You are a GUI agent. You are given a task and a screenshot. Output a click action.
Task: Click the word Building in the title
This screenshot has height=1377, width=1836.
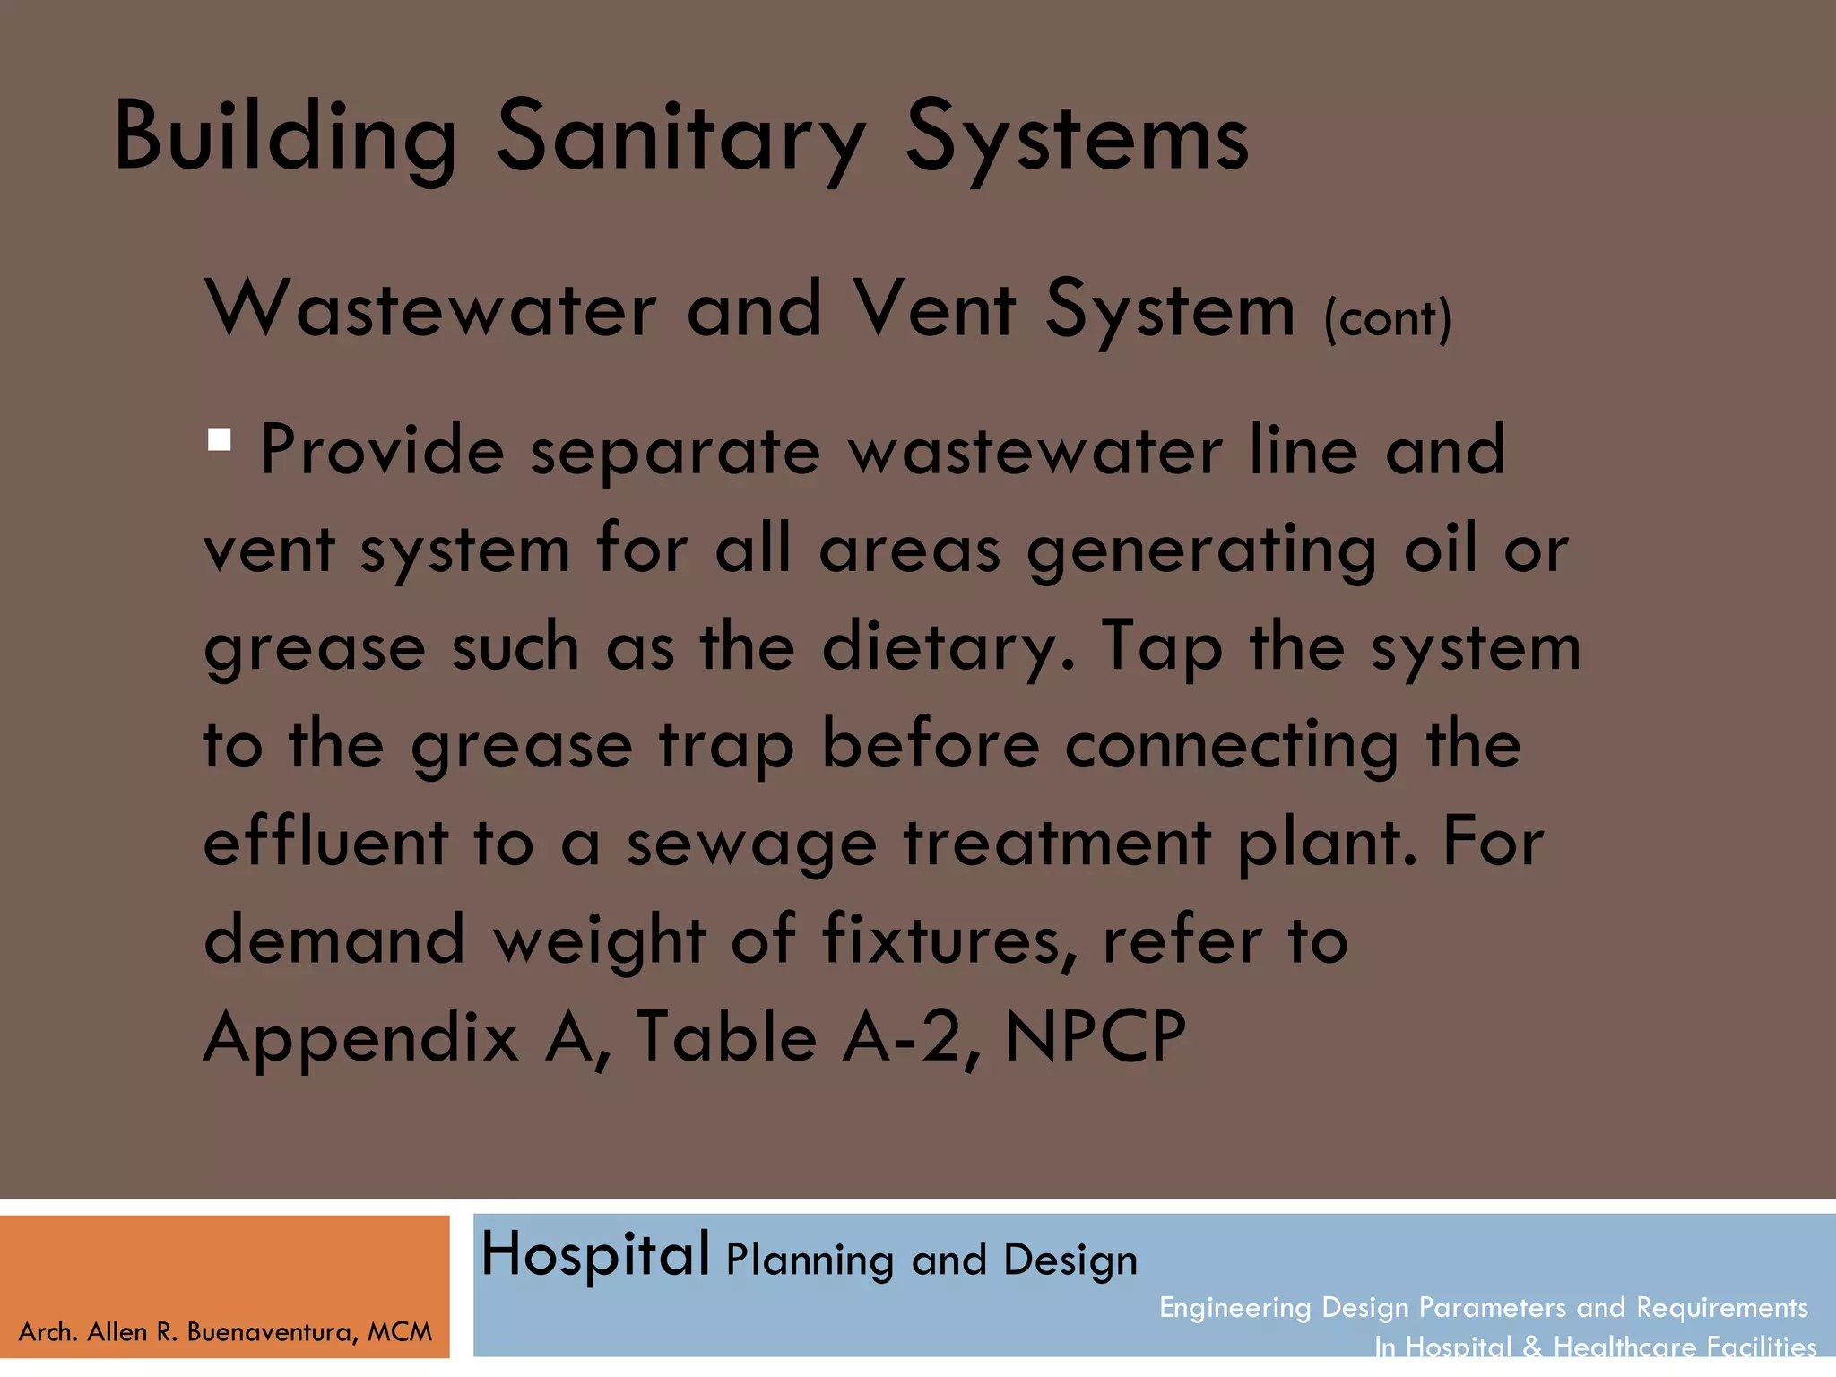pyautogui.click(x=285, y=136)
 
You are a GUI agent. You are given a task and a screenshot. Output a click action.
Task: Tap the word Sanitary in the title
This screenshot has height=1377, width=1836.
pyautogui.click(x=681, y=136)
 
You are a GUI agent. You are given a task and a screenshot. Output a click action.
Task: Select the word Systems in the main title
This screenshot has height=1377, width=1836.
pyautogui.click(x=1077, y=136)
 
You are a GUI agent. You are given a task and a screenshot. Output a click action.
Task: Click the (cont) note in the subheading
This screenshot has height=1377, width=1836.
pyautogui.click(x=1388, y=318)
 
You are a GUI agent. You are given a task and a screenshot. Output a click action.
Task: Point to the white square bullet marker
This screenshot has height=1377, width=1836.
pyautogui.click(x=220, y=439)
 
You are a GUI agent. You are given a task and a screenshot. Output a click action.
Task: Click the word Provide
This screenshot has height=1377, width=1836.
pyautogui.click(x=382, y=450)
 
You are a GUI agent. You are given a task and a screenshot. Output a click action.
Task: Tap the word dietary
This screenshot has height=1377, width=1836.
pyautogui.click(x=947, y=647)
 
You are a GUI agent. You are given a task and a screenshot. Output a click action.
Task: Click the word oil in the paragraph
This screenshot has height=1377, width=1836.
pyautogui.click(x=1440, y=549)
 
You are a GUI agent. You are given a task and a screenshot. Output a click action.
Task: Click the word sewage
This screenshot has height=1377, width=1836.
pyautogui.click(x=751, y=844)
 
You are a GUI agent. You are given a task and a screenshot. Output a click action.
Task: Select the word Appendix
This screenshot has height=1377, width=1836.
pyautogui.click(x=361, y=1038)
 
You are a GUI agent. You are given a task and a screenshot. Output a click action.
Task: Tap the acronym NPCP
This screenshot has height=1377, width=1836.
pyautogui.click(x=1096, y=1036)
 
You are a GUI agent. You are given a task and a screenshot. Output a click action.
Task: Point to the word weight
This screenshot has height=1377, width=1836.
pyautogui.click(x=600, y=941)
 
